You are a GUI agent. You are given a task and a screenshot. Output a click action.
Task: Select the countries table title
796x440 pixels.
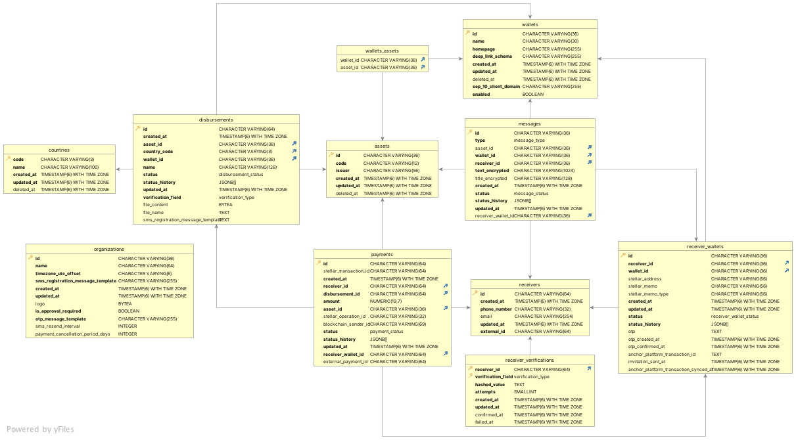tap(59, 150)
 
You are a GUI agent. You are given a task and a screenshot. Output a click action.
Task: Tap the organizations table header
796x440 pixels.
tap(109, 250)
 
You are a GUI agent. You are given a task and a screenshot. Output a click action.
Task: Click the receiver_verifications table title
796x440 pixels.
tap(530, 361)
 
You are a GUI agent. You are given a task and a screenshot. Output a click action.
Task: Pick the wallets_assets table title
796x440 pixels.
tap(382, 51)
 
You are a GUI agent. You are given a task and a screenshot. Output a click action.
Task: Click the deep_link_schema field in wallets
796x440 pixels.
tap(492, 56)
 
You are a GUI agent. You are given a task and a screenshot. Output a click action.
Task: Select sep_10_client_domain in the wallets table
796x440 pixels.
tap(496, 87)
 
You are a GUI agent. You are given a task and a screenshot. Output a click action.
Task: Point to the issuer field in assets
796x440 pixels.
tap(342, 171)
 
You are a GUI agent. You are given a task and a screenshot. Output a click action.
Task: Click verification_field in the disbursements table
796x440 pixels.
tap(162, 197)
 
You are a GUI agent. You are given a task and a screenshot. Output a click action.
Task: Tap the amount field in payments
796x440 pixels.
tap(332, 301)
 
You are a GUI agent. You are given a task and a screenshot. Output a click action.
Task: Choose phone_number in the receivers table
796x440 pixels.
tap(496, 309)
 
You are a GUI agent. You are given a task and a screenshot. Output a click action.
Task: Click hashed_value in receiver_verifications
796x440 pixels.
tap(489, 385)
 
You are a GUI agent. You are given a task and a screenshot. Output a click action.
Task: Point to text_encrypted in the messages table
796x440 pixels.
tap(492, 171)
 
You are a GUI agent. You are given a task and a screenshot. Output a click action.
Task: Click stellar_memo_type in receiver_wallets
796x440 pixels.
tap(648, 294)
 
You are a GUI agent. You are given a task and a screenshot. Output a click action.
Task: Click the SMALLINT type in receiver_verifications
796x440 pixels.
tap(525, 392)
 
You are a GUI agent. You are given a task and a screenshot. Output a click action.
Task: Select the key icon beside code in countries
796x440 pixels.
tap(9, 159)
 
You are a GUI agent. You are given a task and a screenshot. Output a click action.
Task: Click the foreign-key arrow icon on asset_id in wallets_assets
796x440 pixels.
tap(423, 67)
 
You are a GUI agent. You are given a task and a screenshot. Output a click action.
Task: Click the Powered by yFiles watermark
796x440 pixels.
tap(41, 429)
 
